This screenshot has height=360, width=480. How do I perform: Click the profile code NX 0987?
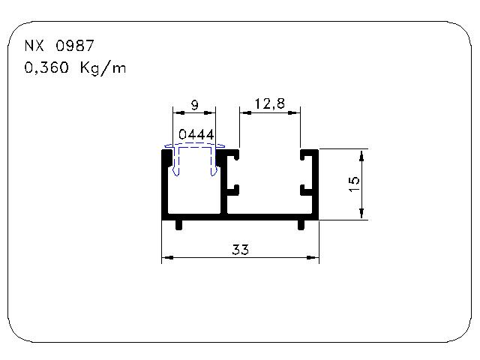(x=59, y=46)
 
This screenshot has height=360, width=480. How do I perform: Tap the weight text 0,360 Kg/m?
(x=75, y=67)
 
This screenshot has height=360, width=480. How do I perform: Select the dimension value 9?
(x=195, y=105)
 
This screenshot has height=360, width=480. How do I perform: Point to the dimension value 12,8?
(x=270, y=103)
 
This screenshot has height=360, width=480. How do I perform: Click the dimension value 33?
(x=240, y=250)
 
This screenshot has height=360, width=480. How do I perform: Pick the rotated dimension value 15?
(x=354, y=184)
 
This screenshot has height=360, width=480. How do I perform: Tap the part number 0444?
(x=196, y=134)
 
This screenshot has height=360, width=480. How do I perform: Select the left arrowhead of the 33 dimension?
(x=167, y=257)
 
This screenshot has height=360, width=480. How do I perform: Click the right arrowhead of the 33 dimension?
(x=313, y=257)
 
